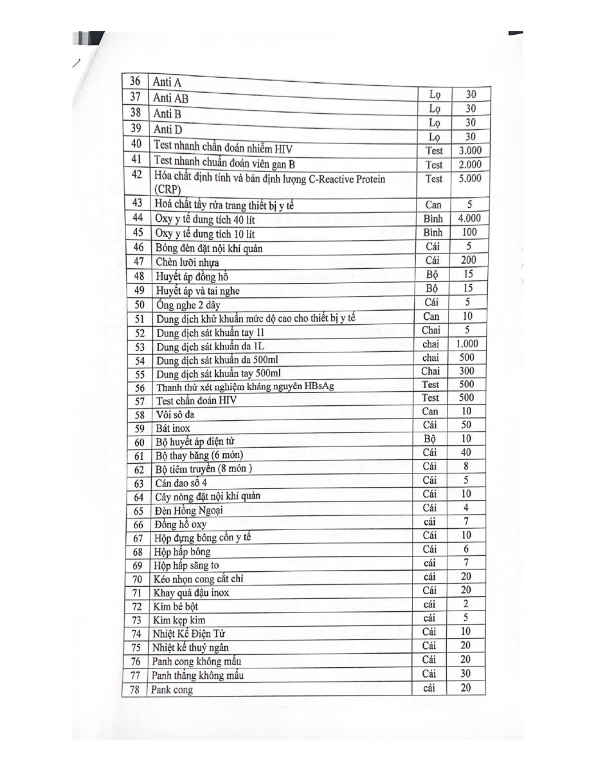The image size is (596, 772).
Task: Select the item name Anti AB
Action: point(171,98)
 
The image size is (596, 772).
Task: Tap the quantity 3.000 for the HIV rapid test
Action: point(470,151)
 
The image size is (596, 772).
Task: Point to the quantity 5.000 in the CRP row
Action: point(470,179)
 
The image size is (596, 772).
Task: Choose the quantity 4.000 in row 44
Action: point(469,219)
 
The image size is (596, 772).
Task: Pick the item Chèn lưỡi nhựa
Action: point(187,262)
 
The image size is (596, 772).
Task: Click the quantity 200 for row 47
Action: point(469,260)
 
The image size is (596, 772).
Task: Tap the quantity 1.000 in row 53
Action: point(467,344)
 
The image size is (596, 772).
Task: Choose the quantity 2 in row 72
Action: point(465,604)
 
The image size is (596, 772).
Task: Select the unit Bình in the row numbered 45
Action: point(433,232)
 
